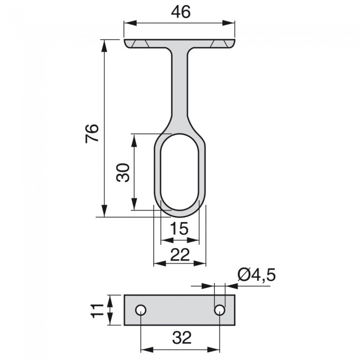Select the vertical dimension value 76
click(x=92, y=133)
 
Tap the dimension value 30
click(x=122, y=172)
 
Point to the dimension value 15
click(x=179, y=228)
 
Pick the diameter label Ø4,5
click(x=256, y=274)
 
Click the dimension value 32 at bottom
click(x=180, y=338)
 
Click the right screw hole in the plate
click(x=220, y=310)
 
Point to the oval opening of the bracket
click(x=179, y=172)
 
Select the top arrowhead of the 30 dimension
click(x=133, y=138)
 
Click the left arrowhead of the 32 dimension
click(x=145, y=349)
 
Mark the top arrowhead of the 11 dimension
click(x=111, y=299)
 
